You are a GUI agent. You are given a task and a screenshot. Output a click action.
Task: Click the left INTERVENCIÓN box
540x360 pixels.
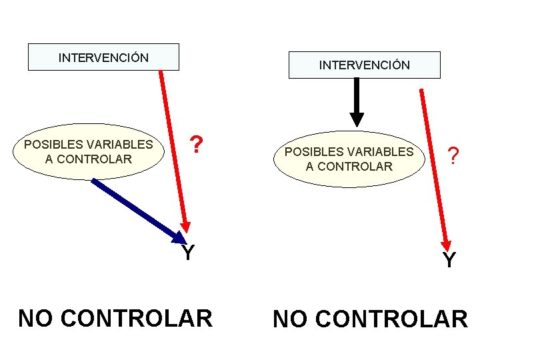point(103,57)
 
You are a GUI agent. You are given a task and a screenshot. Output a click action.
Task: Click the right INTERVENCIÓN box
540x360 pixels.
point(364,65)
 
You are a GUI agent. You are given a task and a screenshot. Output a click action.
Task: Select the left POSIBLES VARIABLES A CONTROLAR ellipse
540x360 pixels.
point(88,151)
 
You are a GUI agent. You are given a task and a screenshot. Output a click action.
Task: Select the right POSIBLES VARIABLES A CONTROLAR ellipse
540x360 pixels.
point(349,159)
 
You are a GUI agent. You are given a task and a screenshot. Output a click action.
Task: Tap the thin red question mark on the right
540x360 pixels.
point(453,156)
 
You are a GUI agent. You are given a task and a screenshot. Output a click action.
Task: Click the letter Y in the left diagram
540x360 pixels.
point(188,253)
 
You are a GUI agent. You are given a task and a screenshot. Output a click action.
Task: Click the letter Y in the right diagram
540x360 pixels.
point(449,260)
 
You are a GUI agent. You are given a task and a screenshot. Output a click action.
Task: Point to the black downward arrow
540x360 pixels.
point(357,100)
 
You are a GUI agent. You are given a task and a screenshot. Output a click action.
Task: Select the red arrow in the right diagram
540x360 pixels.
point(434,167)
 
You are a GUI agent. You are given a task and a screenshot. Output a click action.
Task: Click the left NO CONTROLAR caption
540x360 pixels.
point(115,318)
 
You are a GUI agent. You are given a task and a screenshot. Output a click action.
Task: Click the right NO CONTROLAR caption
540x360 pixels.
point(370,319)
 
